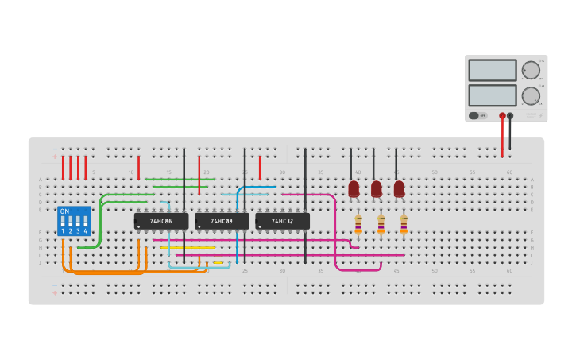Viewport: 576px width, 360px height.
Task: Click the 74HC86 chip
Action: point(161,221)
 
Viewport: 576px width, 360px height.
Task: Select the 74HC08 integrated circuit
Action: point(222,221)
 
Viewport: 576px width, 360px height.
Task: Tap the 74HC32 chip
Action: point(282,221)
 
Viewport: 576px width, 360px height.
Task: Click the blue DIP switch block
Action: point(74,221)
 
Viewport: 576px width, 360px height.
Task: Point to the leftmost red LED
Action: point(354,188)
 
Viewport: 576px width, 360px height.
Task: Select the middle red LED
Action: point(376,188)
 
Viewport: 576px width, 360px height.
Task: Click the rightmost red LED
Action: point(399,188)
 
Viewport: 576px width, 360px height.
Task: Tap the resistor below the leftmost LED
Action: point(358,226)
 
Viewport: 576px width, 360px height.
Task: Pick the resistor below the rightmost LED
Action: point(404,226)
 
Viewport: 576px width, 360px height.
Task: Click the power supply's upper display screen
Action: point(493,70)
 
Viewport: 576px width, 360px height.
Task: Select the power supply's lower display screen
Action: point(493,95)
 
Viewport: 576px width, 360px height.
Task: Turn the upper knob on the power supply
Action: point(531,70)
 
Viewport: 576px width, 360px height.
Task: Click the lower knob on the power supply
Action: point(531,96)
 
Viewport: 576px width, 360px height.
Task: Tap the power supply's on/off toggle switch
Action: point(474,115)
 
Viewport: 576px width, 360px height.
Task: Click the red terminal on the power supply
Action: point(502,116)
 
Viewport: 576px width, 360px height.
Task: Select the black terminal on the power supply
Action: point(510,116)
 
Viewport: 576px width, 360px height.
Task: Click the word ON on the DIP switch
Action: point(64,211)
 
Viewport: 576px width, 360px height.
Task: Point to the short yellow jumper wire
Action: point(218,262)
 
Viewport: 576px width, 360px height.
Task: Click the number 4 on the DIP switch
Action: point(85,231)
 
